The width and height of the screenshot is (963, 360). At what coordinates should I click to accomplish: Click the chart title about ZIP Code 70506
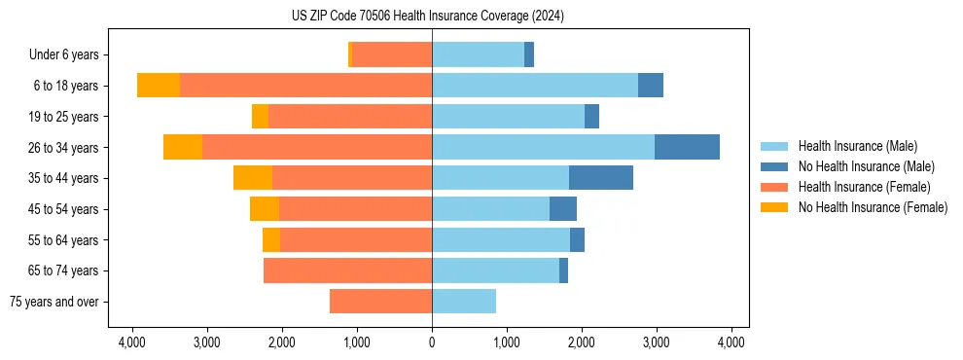[x=427, y=16]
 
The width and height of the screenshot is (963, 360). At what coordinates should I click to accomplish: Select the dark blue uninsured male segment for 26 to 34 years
[x=687, y=147]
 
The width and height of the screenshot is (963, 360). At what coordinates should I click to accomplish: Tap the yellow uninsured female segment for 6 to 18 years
[x=158, y=86]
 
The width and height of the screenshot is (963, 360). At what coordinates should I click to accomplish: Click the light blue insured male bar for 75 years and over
[x=464, y=302]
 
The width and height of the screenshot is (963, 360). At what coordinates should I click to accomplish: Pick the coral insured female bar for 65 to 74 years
[x=347, y=270]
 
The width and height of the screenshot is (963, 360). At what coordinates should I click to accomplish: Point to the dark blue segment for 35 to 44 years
[x=601, y=178]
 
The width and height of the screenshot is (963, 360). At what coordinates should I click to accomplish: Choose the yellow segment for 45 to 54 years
[x=265, y=209]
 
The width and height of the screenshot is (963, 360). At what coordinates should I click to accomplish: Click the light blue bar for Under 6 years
[x=478, y=54]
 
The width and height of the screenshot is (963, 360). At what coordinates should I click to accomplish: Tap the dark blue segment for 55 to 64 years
[x=577, y=239]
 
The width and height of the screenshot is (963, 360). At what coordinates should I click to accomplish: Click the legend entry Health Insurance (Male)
[x=857, y=146]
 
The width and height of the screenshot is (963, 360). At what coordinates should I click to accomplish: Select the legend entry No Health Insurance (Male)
[x=866, y=166]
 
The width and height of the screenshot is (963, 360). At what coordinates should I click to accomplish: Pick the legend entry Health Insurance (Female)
[x=864, y=187]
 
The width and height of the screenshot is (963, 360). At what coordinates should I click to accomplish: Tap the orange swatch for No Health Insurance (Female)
[x=774, y=207]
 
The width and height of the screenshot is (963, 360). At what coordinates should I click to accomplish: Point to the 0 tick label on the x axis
[x=432, y=342]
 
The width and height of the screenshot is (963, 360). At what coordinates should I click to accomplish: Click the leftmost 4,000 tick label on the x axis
[x=132, y=342]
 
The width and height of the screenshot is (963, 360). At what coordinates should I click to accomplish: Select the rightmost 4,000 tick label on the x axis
[x=731, y=342]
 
